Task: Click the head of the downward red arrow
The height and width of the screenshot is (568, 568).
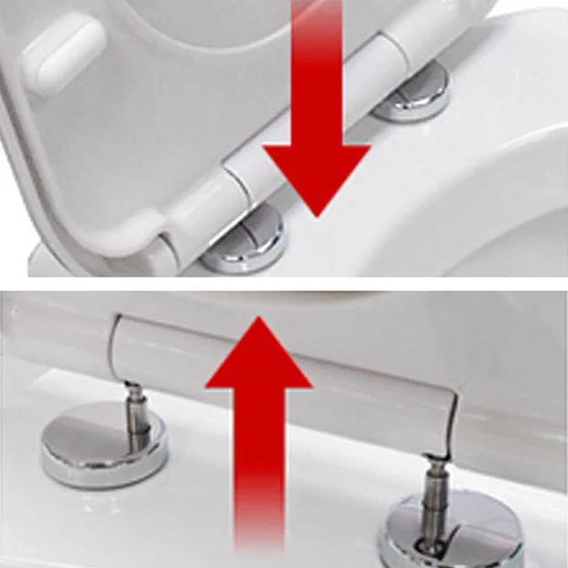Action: pyautogui.click(x=317, y=174)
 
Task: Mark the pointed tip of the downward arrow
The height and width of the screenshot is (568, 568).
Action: pyautogui.click(x=317, y=215)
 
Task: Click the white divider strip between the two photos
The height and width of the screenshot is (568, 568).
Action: pyautogui.click(x=284, y=285)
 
